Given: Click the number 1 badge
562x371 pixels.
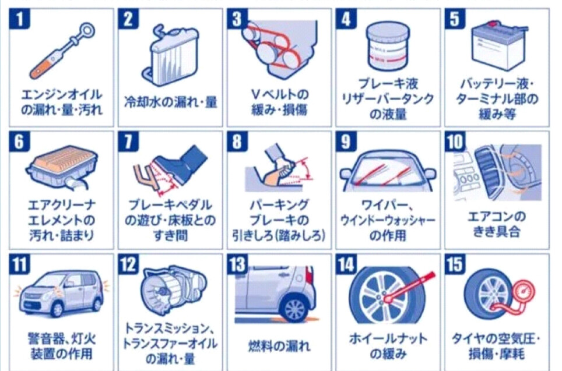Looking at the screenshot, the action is click(19, 19).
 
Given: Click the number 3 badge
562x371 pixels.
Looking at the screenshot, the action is click(237, 19).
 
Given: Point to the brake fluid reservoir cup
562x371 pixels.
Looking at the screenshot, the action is click(388, 45).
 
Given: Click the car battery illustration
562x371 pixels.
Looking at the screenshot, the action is click(499, 45).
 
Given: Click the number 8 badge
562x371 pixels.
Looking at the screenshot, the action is click(237, 141).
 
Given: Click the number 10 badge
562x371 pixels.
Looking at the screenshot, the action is click(455, 141).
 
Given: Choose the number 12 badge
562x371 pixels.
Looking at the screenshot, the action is click(128, 264).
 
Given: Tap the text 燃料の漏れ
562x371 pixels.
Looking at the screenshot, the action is click(279, 347).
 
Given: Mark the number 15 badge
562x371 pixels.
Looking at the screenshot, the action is click(455, 264).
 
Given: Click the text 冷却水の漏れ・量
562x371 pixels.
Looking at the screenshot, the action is click(171, 102).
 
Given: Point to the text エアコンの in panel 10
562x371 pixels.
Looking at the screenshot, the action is click(497, 217).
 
